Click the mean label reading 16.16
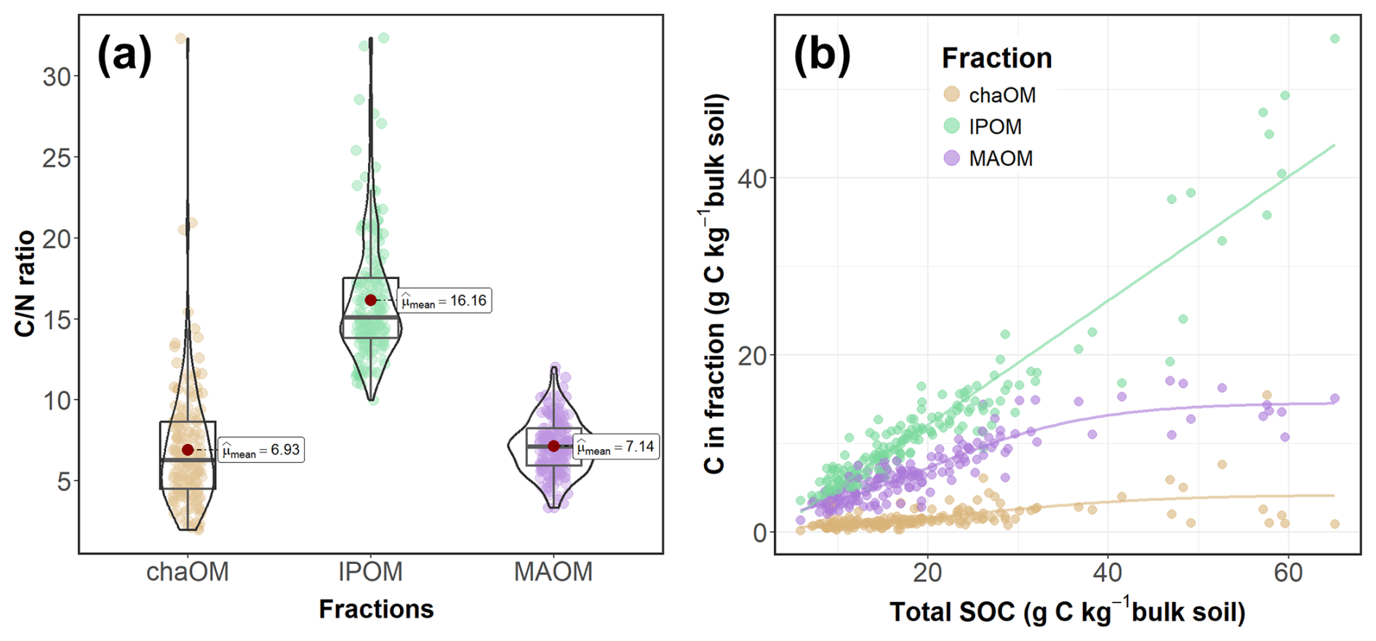coord(445,301)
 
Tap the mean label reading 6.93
coord(260,450)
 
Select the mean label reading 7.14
coord(616,446)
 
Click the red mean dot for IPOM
coord(371,300)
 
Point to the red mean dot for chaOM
coord(188,450)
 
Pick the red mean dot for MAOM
coord(553,446)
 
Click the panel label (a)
coord(124,55)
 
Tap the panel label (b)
coord(822,55)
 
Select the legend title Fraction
coord(996,58)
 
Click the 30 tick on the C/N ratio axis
coord(57,76)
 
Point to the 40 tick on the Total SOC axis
coord(1108,573)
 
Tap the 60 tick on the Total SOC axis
coord(1288,573)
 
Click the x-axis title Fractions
coord(376,609)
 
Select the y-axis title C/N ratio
coord(25,283)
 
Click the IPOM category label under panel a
coord(370,572)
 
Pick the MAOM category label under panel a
coord(553,572)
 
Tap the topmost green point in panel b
coord(1335,39)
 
